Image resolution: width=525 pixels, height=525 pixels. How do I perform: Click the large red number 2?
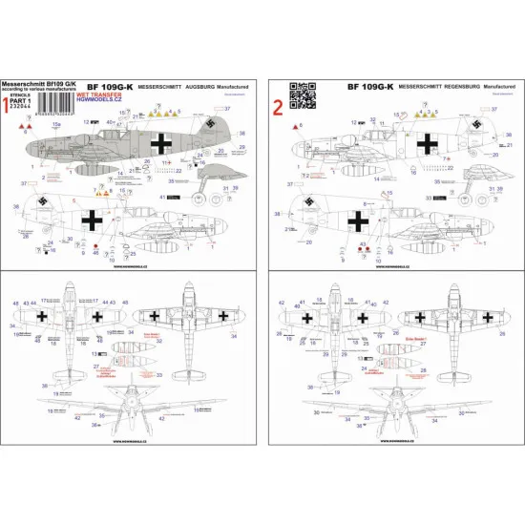click(279, 99)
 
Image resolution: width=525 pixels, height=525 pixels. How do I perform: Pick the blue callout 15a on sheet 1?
click(55, 124)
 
